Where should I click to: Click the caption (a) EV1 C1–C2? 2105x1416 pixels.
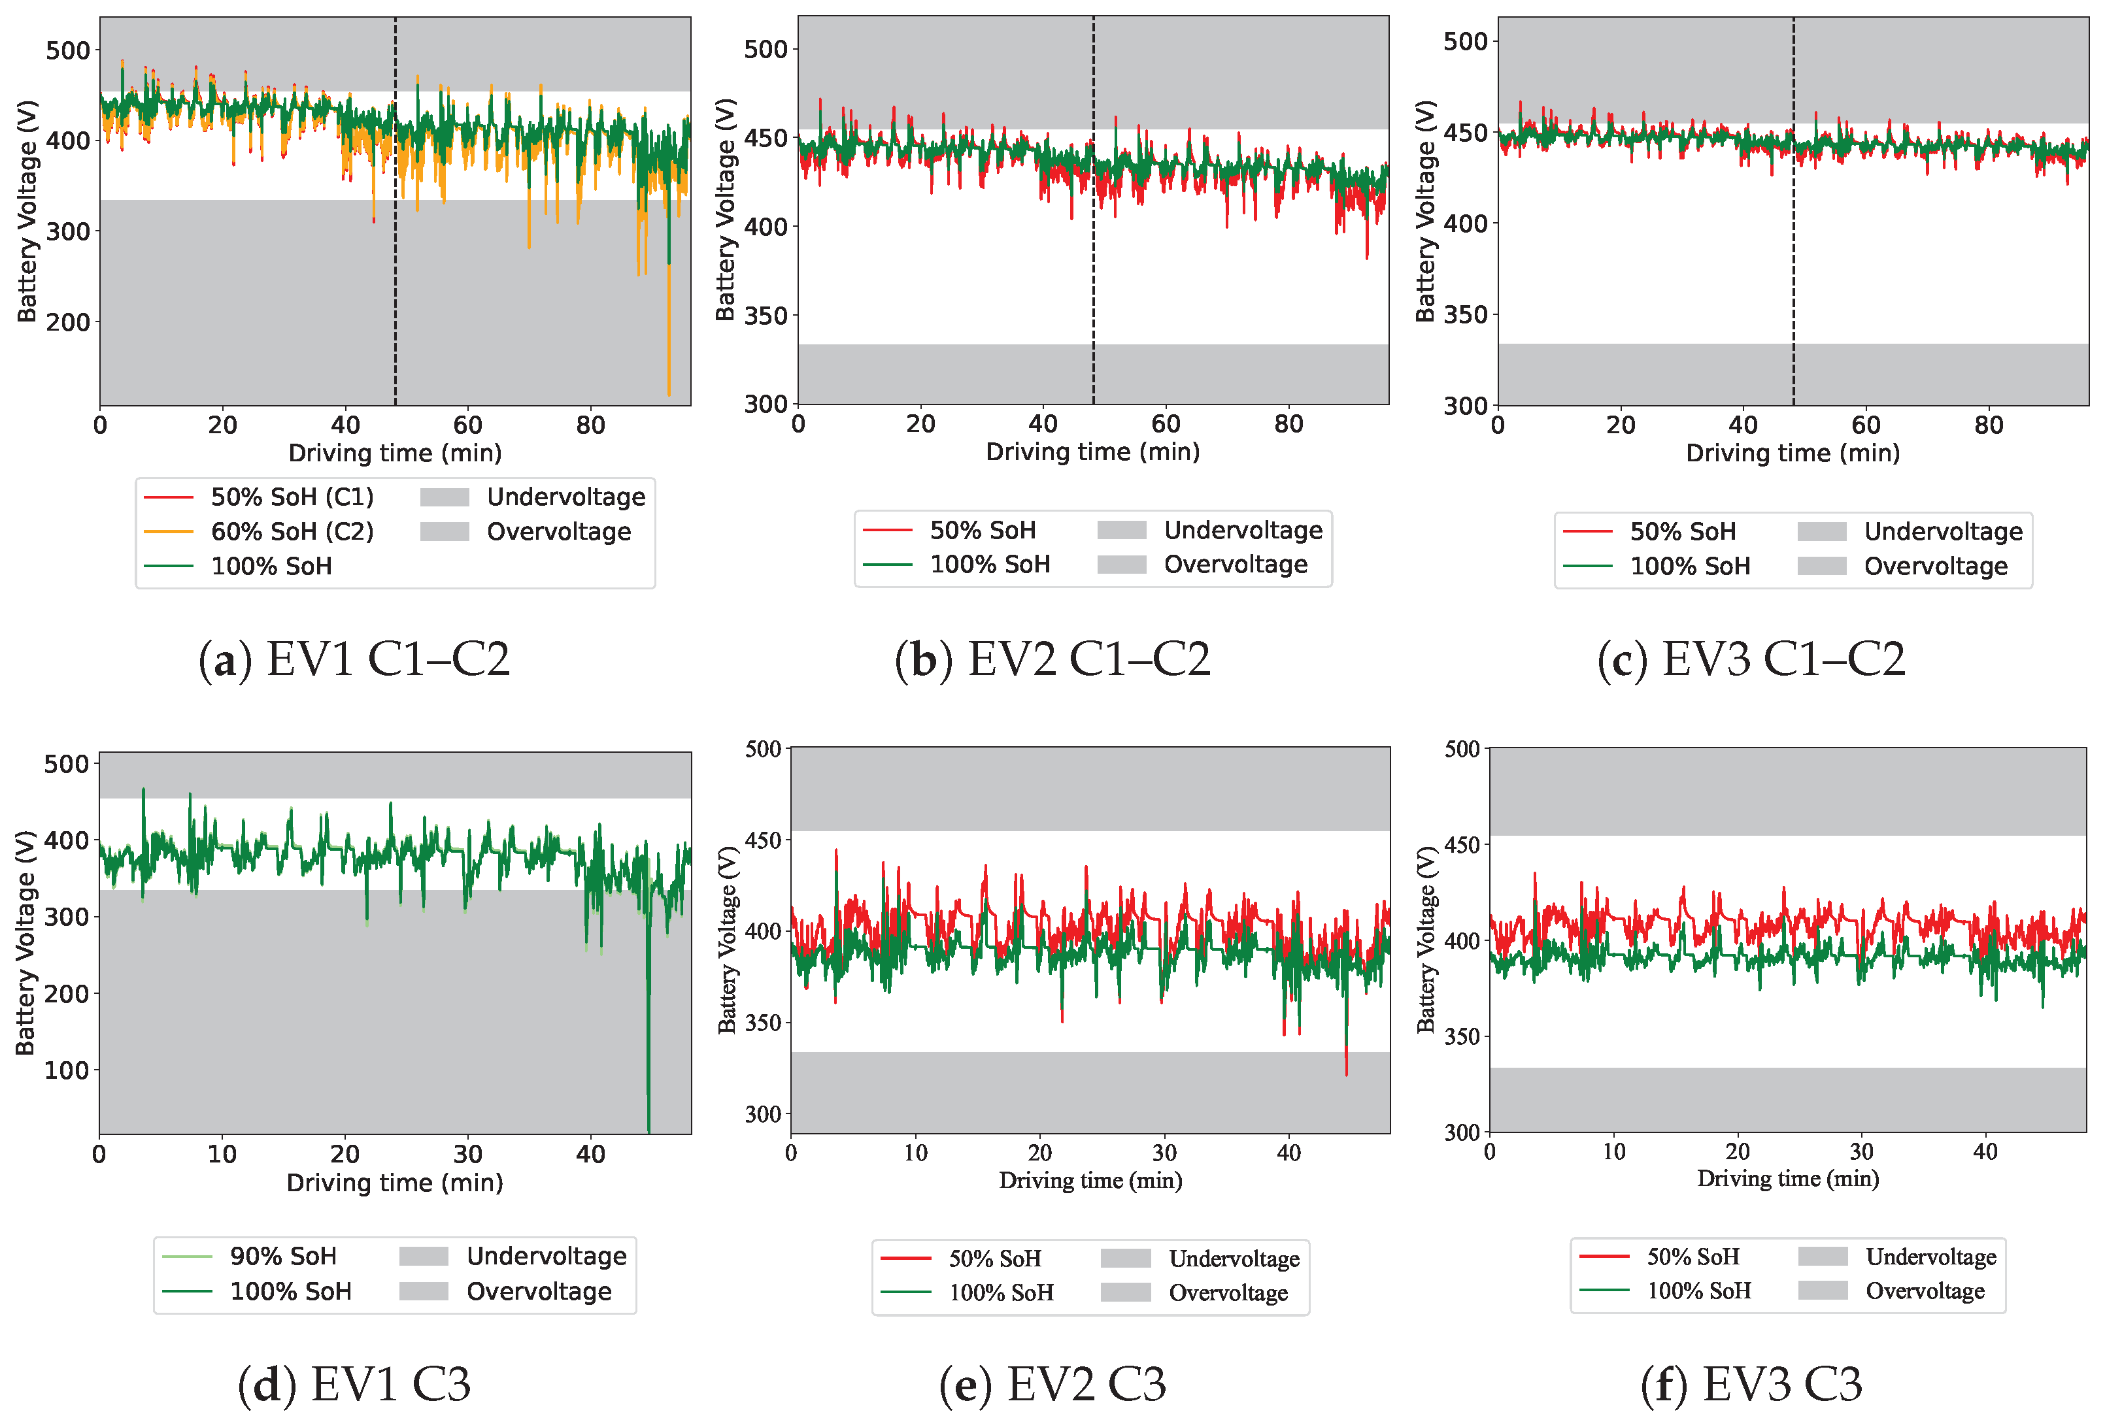[354, 659]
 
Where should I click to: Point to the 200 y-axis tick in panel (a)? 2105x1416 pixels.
[68, 322]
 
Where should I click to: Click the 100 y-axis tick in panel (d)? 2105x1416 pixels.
[66, 1071]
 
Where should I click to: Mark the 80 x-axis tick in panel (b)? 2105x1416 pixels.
[1288, 425]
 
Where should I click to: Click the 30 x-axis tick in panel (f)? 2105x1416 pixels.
[1861, 1152]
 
